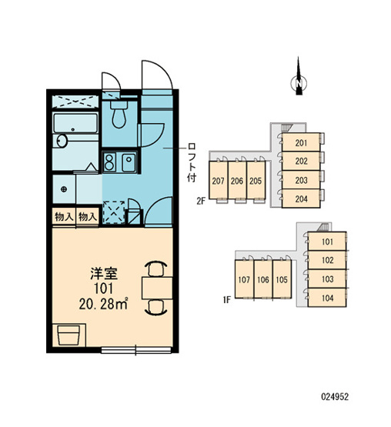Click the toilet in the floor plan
point(119,115)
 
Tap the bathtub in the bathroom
point(75,123)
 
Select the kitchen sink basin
point(129,162)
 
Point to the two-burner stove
point(109,162)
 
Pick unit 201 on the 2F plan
point(301,142)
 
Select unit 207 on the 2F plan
point(218,181)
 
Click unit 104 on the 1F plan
point(327,298)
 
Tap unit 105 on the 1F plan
point(282,279)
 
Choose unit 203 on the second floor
point(301,180)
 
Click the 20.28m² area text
point(104,304)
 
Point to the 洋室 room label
point(104,274)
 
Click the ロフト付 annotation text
point(192,162)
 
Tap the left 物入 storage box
point(64,217)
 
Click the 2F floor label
point(201,202)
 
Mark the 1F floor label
point(227,300)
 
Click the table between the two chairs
point(157,288)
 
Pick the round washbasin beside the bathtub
point(62,141)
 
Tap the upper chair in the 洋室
point(157,269)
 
